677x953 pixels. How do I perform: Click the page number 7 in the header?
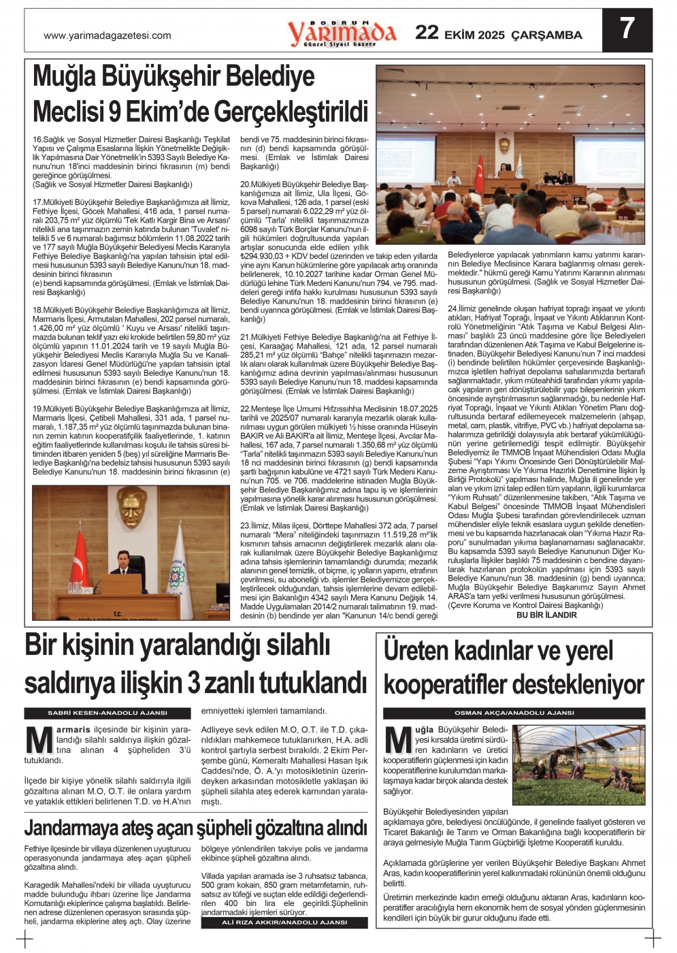click(x=627, y=29)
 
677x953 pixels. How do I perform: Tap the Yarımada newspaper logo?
click(x=341, y=33)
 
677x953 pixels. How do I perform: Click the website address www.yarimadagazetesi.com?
click(x=108, y=36)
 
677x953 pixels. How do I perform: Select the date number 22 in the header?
click(x=427, y=33)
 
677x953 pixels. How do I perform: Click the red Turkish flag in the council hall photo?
click(x=478, y=174)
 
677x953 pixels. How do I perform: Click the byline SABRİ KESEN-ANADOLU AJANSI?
click(x=108, y=713)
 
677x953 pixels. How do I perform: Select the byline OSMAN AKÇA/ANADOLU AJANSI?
click(x=514, y=713)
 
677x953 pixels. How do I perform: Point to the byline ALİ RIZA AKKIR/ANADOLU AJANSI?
click(x=284, y=922)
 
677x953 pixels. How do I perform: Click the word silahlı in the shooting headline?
click(x=286, y=645)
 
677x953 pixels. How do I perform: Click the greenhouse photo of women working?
click(x=578, y=764)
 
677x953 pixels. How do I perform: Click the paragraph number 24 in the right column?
click(x=452, y=309)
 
